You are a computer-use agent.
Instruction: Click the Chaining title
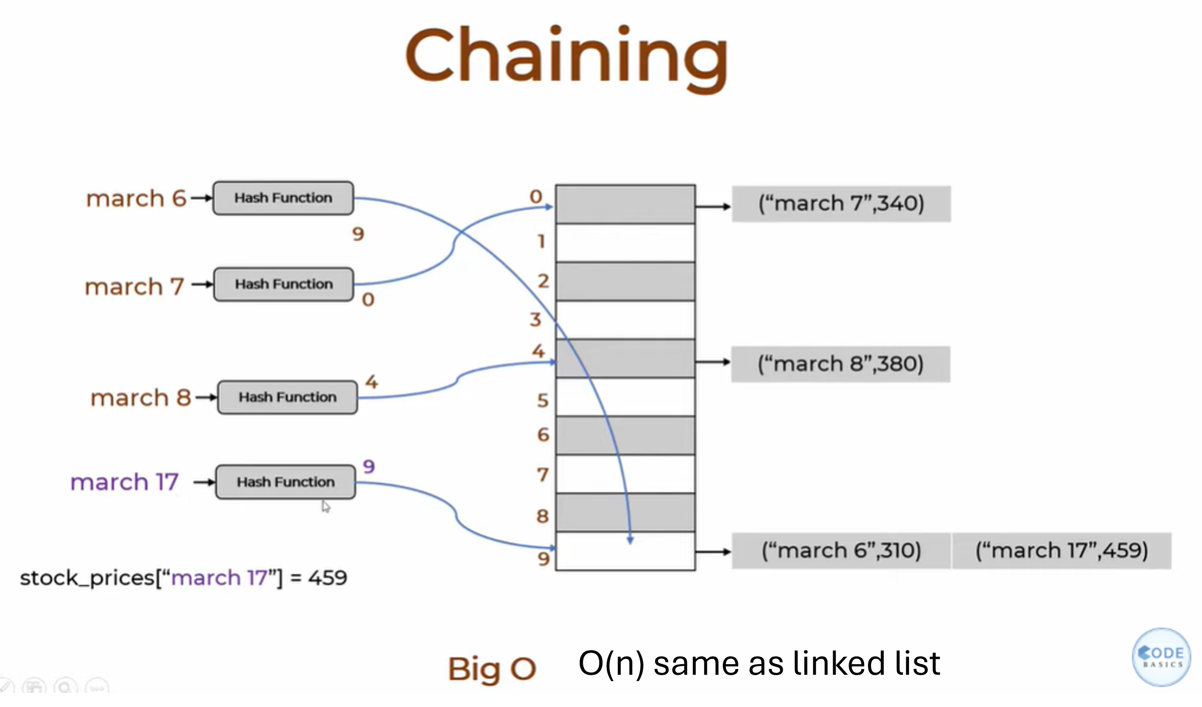567,58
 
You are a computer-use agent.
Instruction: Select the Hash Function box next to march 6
283,198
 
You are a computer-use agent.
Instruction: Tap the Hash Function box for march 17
285,482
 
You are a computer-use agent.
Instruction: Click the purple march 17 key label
124,482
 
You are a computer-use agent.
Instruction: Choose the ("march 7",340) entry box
841,204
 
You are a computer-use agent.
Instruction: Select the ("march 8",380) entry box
841,365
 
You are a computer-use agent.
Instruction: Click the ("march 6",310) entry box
841,551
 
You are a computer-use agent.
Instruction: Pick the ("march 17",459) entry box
1062,551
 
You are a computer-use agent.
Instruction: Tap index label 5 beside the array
543,401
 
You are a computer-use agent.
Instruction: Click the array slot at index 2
625,282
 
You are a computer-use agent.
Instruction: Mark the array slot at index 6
625,436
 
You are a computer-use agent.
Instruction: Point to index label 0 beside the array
536,196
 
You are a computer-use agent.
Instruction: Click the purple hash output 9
369,466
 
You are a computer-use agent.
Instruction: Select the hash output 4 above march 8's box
372,382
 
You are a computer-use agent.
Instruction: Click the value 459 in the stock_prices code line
328,578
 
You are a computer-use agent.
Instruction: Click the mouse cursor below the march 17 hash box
326,506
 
